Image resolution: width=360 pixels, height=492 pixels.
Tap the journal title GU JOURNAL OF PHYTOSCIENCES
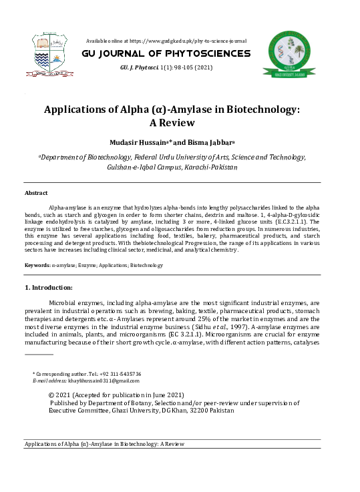[166, 53]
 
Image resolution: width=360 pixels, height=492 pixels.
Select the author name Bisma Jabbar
[211, 143]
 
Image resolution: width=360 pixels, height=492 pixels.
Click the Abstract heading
[36, 192]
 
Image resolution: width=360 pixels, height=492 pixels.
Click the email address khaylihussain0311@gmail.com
[102, 381]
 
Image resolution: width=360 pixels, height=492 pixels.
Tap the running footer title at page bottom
[104, 444]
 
